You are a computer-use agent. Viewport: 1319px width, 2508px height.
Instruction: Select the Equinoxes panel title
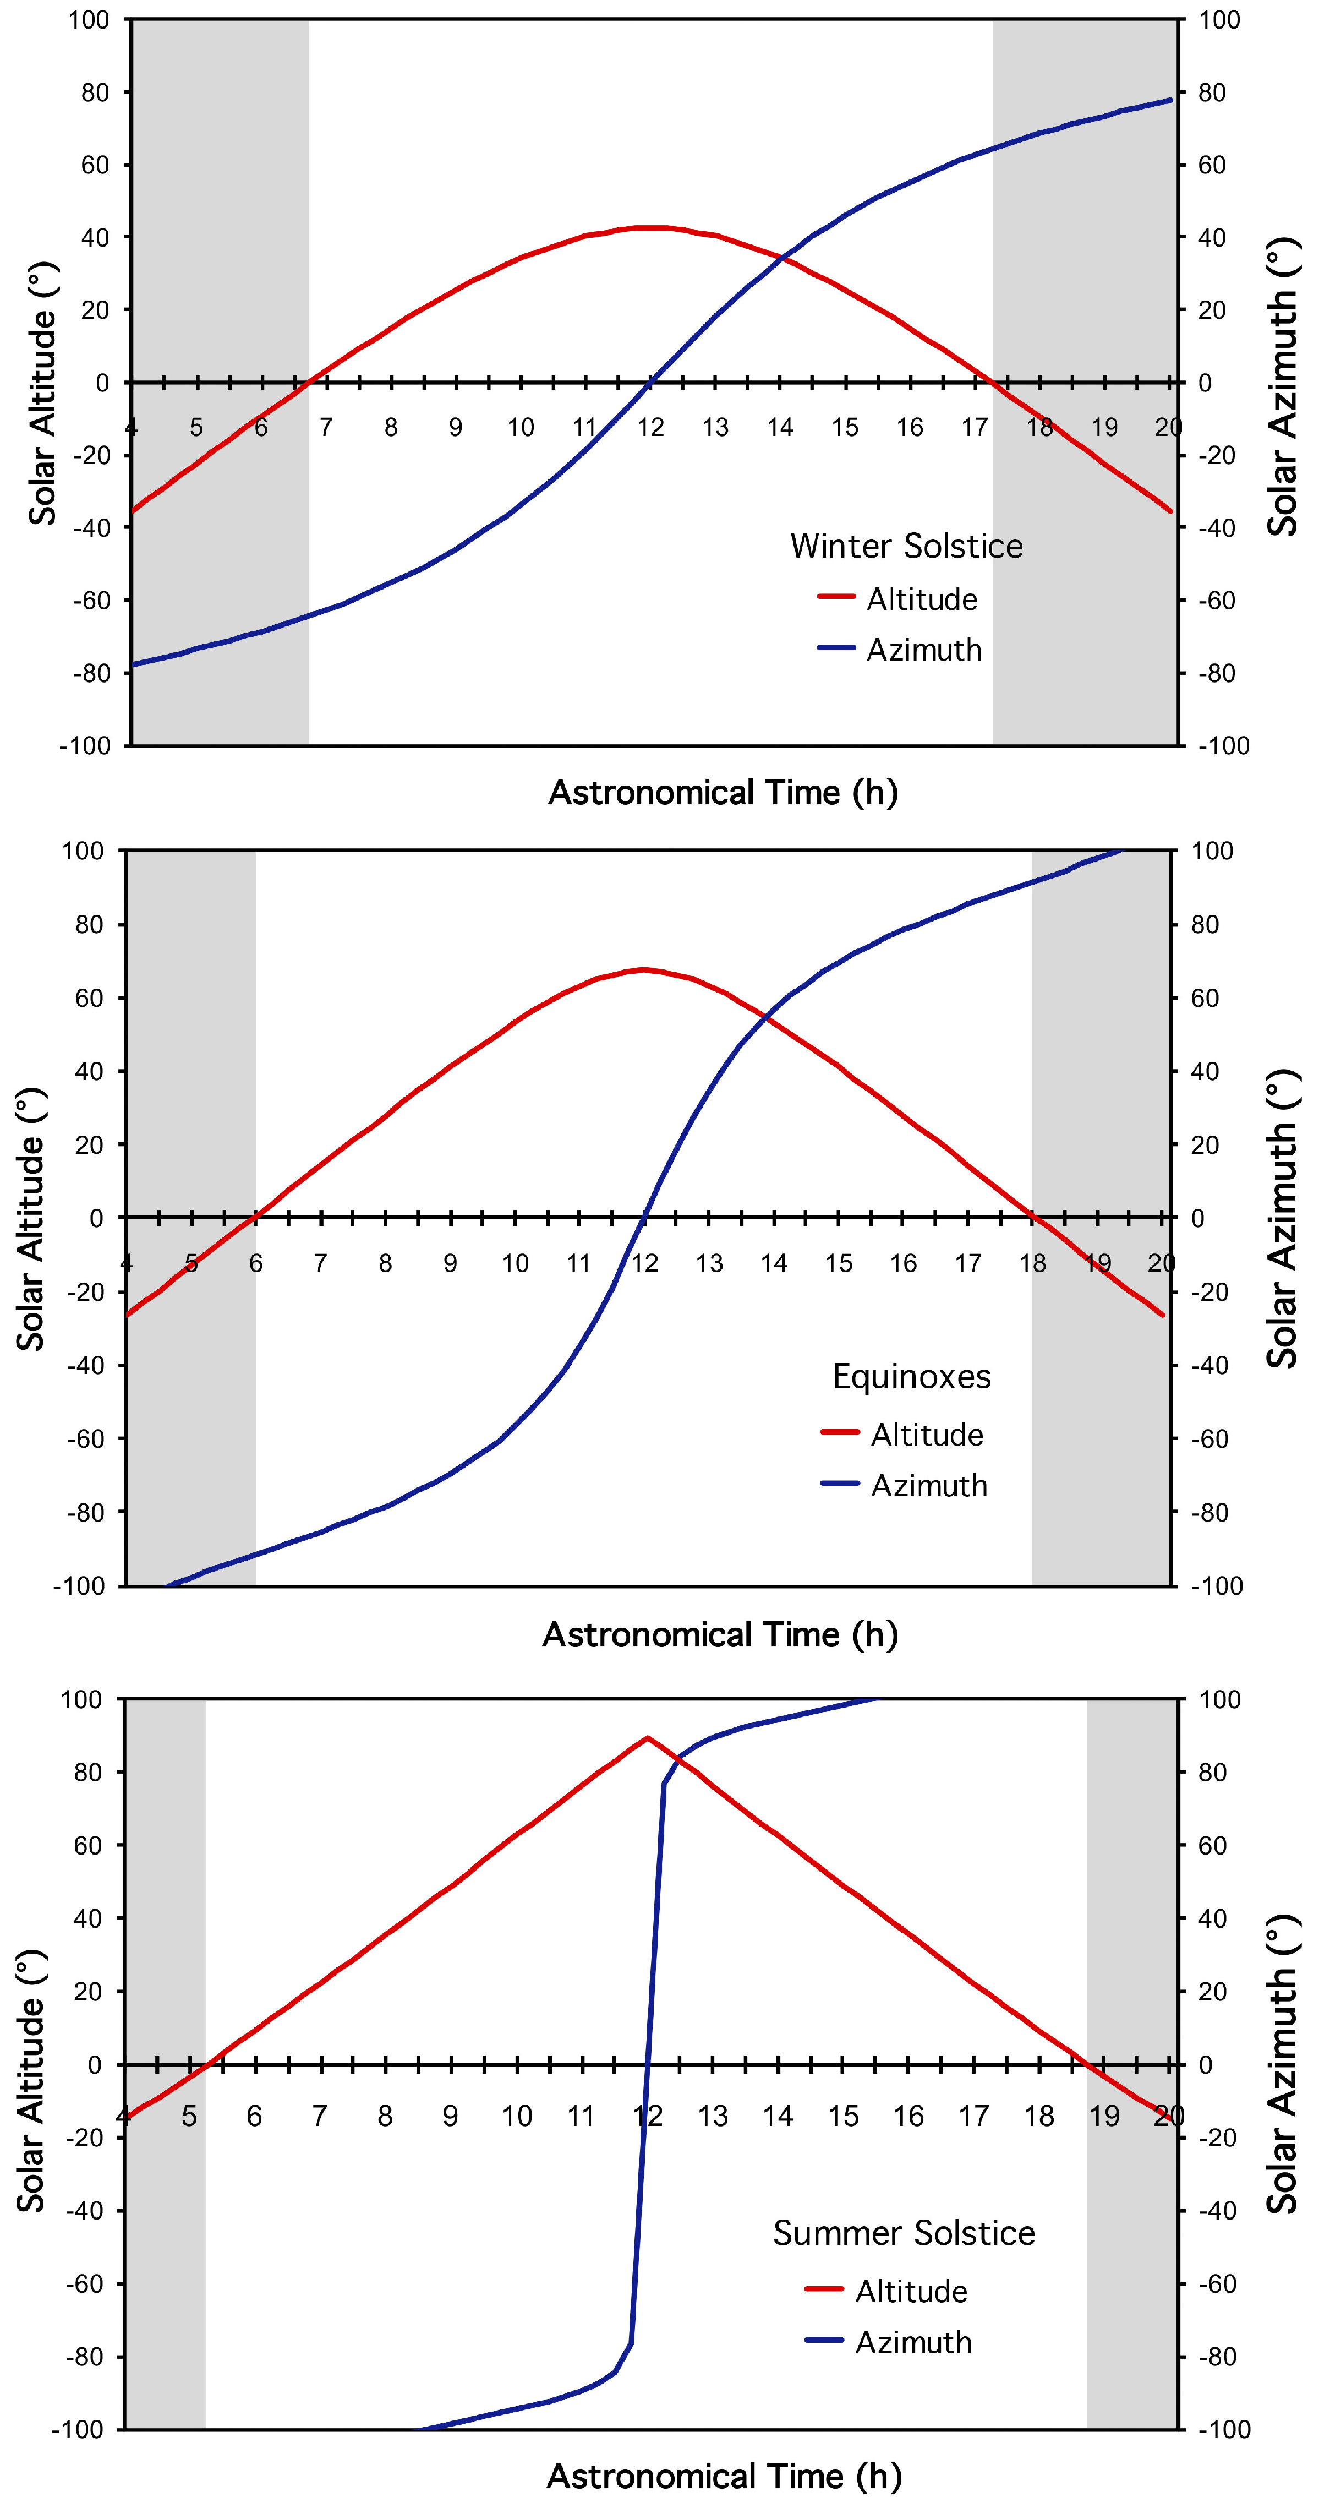tap(911, 1377)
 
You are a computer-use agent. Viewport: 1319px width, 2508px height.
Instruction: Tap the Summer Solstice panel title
tap(904, 2232)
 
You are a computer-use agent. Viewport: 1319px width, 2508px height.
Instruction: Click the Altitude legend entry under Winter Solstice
tap(921, 599)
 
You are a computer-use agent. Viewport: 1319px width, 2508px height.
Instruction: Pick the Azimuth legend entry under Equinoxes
tap(929, 1486)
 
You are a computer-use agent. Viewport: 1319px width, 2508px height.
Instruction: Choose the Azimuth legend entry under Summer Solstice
tap(913, 2342)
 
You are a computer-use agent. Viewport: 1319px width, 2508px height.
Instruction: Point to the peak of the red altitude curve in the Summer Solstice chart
tap(647, 1737)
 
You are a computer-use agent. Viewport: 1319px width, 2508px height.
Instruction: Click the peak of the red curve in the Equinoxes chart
tap(643, 970)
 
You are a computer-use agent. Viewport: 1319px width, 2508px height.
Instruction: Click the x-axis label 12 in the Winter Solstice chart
tap(650, 427)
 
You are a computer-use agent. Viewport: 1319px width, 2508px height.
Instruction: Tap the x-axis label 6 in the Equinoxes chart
tap(255, 1264)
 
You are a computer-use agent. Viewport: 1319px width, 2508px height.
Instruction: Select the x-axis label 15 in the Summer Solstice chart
tap(843, 2116)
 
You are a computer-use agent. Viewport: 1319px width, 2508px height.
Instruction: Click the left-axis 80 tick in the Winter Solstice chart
tap(95, 92)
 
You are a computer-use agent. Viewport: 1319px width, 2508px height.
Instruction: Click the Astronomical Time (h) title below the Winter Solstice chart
tap(723, 793)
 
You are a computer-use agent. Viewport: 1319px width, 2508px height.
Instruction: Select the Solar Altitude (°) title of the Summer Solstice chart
tap(31, 2081)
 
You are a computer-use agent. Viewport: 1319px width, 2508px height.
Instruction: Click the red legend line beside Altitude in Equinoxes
tap(839, 1432)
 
